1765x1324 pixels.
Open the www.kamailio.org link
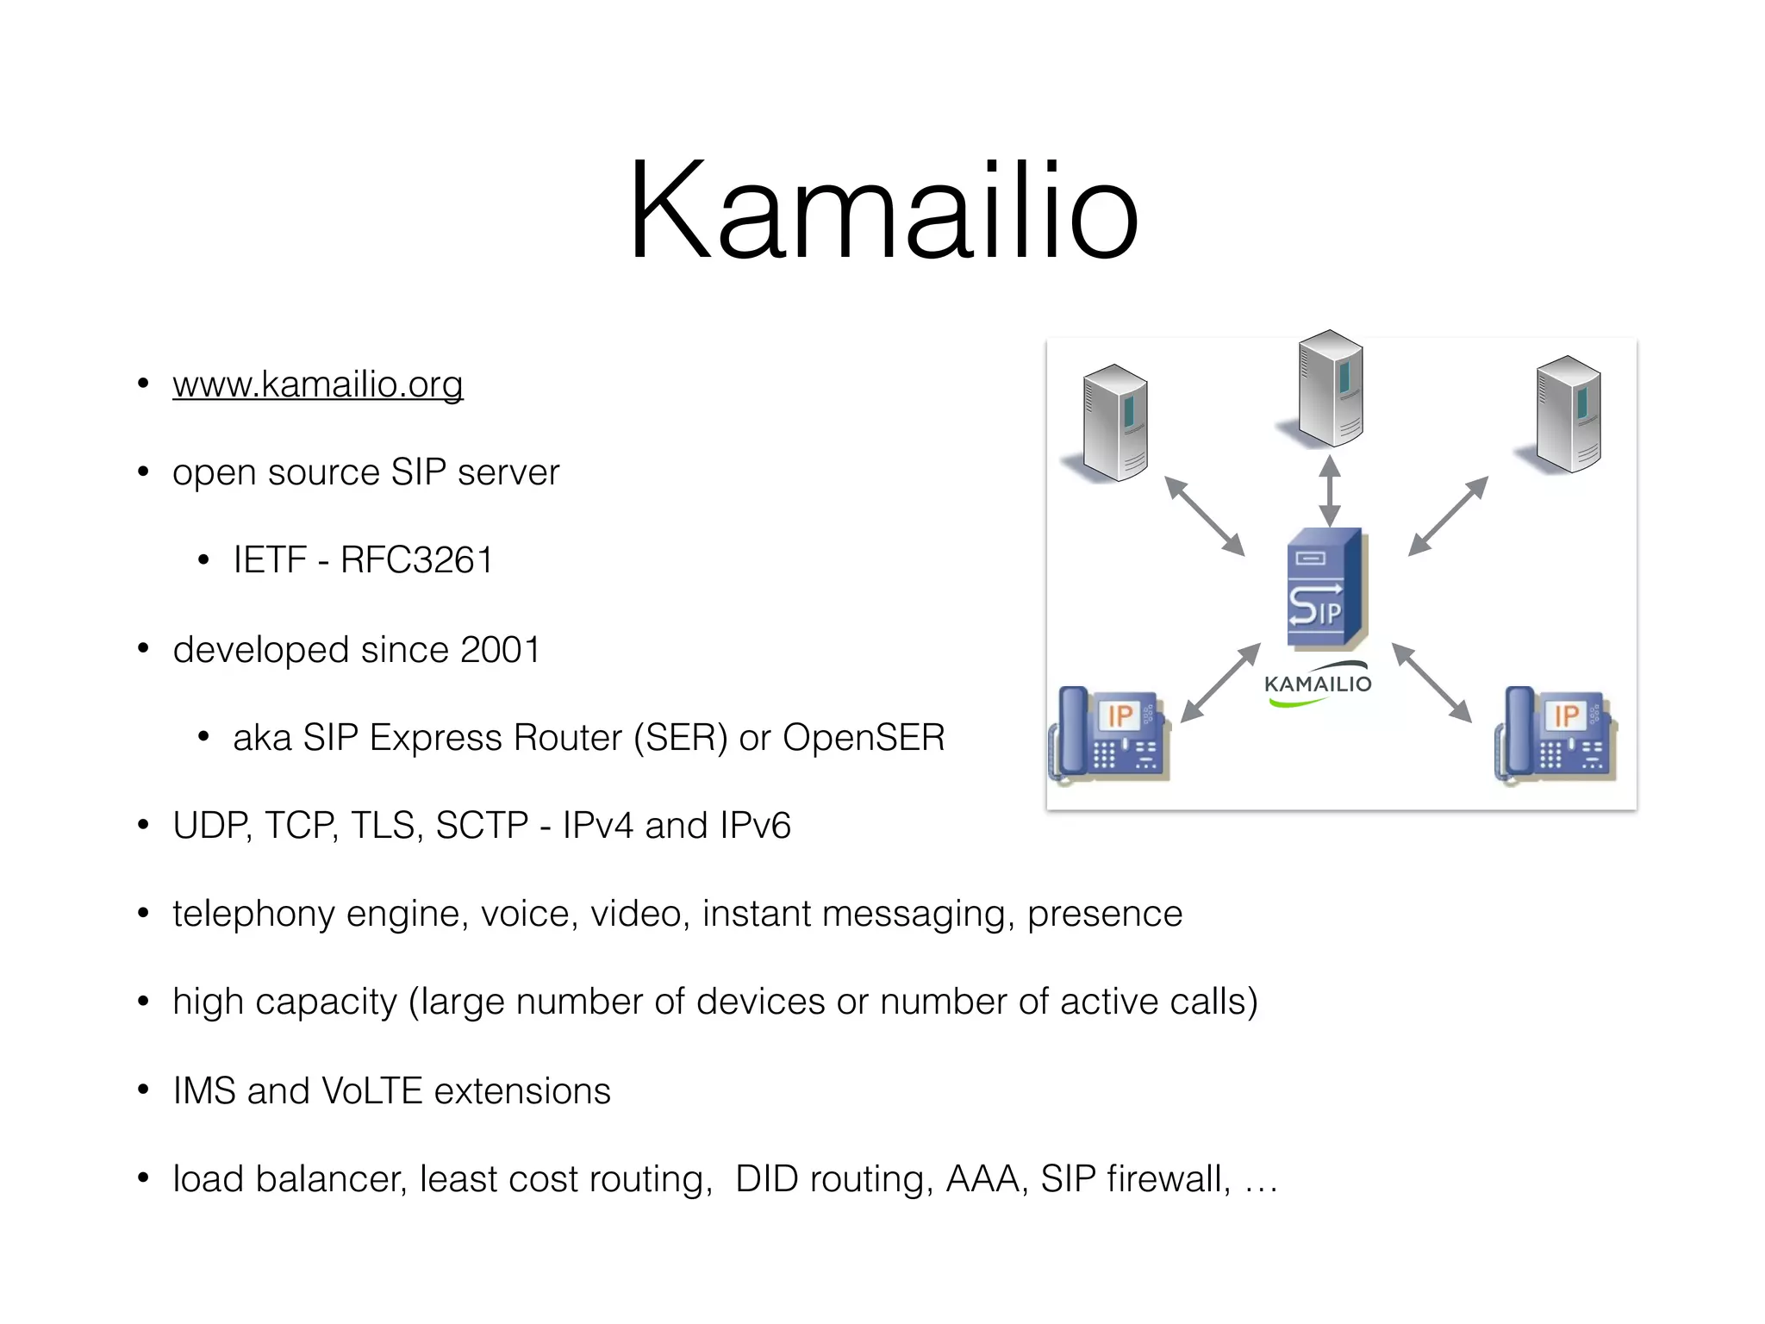click(317, 384)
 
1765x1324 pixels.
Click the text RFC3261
click(416, 561)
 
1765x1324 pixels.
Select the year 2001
click(500, 650)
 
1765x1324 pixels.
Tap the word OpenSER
click(864, 738)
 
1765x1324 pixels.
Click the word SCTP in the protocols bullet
click(482, 826)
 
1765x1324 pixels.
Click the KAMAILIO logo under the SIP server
click(1317, 684)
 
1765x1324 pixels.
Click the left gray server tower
click(1114, 422)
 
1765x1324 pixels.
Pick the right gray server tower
click(1568, 414)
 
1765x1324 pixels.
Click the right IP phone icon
click(1556, 734)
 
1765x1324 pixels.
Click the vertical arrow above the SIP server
click(1330, 490)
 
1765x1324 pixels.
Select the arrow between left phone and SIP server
click(1219, 683)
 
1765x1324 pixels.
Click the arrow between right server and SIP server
click(1448, 515)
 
